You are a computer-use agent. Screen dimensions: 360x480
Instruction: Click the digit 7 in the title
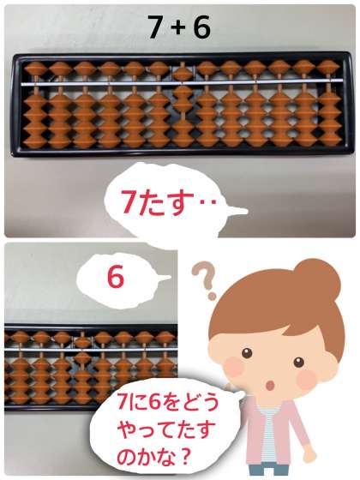point(154,27)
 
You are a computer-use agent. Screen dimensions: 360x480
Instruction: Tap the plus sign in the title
point(177,27)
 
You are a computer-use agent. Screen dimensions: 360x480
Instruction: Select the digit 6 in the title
point(201,27)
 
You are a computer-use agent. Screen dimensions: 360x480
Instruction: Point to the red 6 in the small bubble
point(116,277)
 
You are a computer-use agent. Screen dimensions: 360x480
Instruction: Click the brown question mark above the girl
point(204,279)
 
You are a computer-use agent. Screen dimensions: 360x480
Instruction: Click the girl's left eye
point(247,353)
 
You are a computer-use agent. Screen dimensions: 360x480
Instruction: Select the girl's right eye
point(298,363)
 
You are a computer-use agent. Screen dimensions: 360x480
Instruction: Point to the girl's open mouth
point(270,386)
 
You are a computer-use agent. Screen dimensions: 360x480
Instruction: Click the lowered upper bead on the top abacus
point(182,74)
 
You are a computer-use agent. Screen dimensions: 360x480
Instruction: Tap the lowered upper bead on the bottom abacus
point(82,342)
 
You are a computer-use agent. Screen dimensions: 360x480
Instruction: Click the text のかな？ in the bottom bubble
point(153,459)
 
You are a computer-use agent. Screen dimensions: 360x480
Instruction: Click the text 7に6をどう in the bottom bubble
point(168,402)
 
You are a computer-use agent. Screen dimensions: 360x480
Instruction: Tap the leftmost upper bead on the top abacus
point(36,69)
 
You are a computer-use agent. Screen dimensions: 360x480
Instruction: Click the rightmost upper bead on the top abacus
point(327,67)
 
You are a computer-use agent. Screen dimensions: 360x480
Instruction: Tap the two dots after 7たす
point(209,201)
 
